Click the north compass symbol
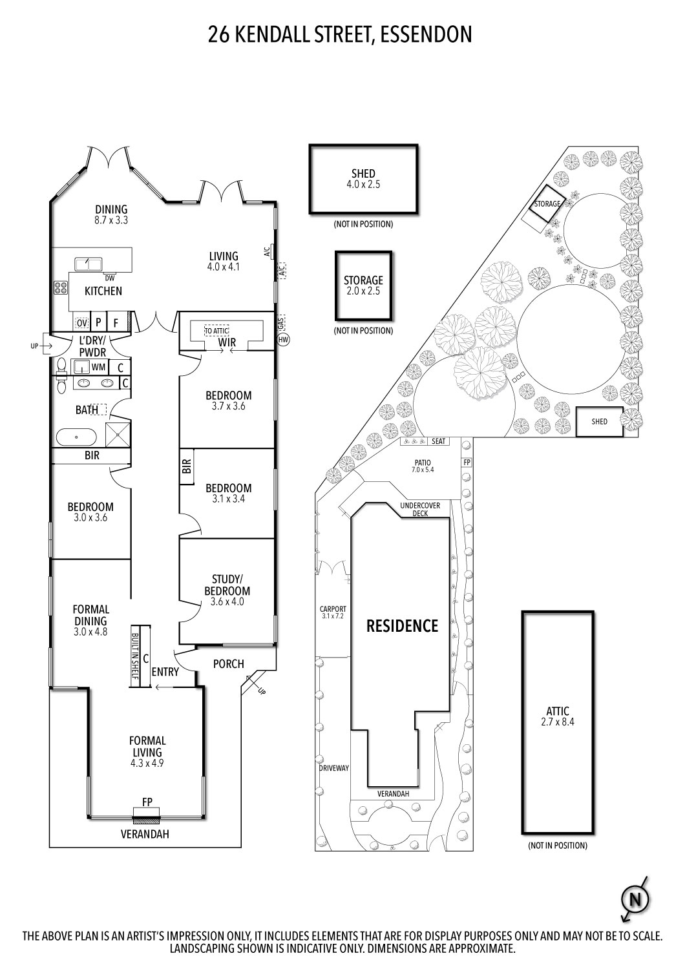[635, 899]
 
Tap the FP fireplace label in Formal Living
[147, 802]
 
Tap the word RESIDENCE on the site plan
[402, 625]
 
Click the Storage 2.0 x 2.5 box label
[363, 291]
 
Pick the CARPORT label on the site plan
[333, 609]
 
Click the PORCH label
[229, 663]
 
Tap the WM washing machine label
[98, 367]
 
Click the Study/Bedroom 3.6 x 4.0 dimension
[227, 601]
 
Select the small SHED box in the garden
[599, 421]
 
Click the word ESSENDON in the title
[426, 34]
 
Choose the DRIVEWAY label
[333, 768]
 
